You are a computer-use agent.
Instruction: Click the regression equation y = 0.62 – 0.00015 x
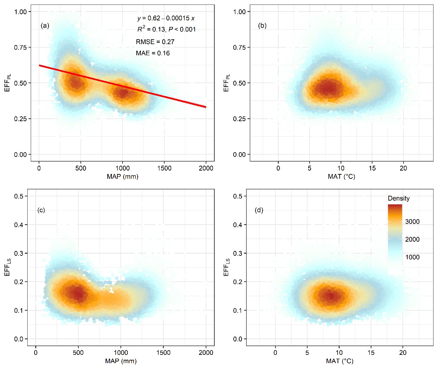click(166, 18)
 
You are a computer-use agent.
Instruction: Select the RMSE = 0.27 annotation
click(155, 42)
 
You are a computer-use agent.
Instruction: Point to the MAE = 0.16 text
click(153, 53)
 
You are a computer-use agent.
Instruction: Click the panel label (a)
click(45, 26)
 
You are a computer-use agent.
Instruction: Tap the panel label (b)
click(262, 26)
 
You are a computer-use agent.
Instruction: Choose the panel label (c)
click(41, 210)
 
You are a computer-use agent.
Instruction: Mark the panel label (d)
click(259, 210)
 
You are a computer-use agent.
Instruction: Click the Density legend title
click(399, 198)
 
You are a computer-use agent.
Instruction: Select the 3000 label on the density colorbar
click(412, 222)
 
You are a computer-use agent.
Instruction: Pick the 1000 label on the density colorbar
click(412, 257)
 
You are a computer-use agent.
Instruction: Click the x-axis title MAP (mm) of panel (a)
click(123, 177)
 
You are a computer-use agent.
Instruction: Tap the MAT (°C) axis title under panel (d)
click(340, 361)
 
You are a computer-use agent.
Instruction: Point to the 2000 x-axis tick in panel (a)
click(206, 168)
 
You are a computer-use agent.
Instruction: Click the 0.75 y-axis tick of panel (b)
click(239, 47)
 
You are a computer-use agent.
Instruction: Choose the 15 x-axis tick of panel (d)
click(371, 353)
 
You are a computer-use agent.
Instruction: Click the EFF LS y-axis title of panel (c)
click(8, 268)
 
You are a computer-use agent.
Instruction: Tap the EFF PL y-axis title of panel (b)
click(226, 83)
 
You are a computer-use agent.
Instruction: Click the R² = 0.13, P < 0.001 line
click(166, 29)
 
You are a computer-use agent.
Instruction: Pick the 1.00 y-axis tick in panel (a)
click(20, 12)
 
